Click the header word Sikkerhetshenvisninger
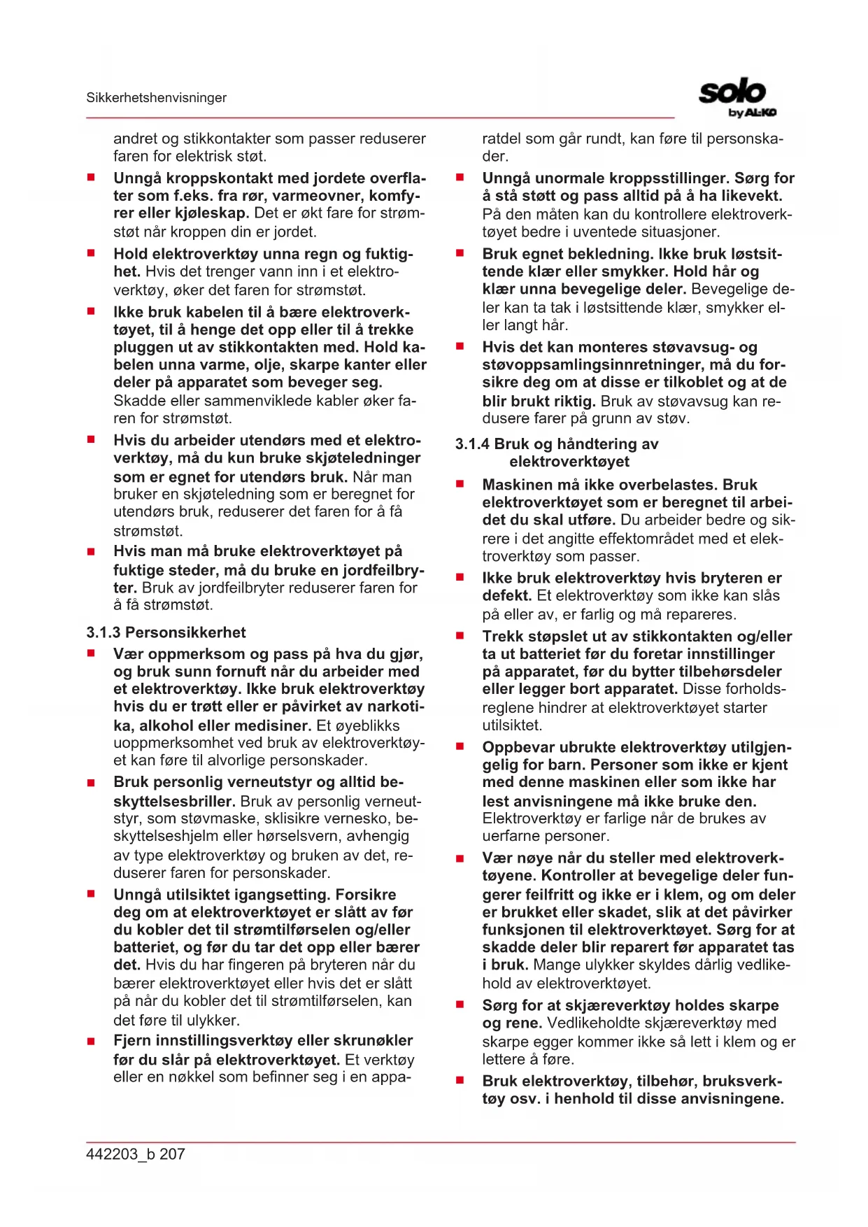tap(156, 98)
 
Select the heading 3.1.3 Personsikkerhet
tap(166, 632)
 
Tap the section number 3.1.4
tap(472, 444)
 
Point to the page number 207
tap(172, 1154)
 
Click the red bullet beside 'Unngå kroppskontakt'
tap(91, 178)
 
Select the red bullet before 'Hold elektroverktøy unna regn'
tap(91, 253)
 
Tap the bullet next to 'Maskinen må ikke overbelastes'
tap(460, 484)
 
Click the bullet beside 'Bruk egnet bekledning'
tap(460, 253)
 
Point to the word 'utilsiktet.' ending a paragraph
tap(512, 725)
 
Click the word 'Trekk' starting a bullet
tap(503, 637)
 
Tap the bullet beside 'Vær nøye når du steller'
tap(460, 858)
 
